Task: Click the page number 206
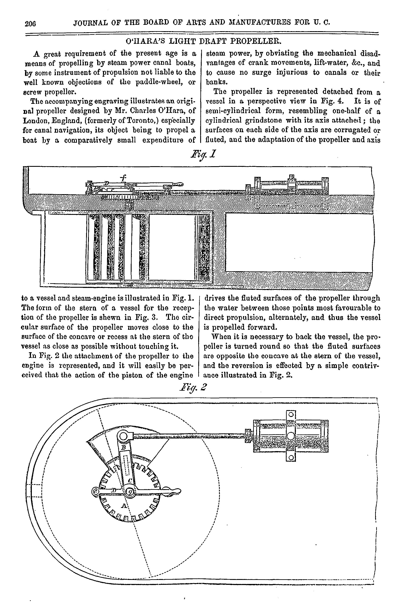[x=30, y=23]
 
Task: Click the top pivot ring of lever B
[x=124, y=437]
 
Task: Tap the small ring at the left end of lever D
[x=95, y=491]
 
